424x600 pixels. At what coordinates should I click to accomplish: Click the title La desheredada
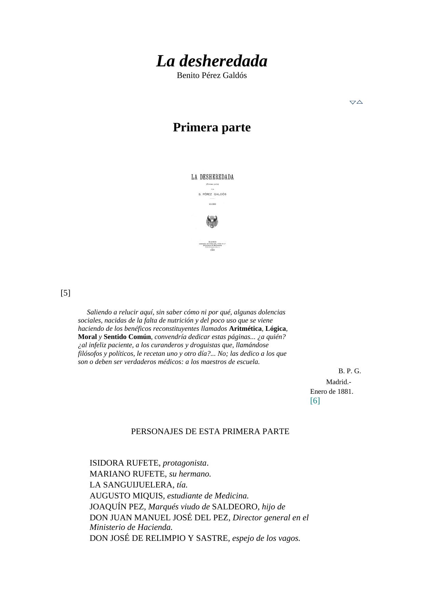tap(211, 62)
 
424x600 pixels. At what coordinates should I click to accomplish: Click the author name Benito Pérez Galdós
tap(211, 76)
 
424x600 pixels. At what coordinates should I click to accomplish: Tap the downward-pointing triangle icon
tap(353, 102)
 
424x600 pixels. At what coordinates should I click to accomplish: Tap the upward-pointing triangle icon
tap(359, 102)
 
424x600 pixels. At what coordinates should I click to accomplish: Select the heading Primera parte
tap(211, 127)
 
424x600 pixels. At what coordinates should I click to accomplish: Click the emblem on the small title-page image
tap(212, 222)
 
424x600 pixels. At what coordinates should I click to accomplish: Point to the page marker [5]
tap(66, 293)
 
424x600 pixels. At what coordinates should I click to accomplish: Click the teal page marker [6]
tap(315, 401)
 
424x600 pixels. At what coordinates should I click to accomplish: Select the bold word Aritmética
tap(245, 329)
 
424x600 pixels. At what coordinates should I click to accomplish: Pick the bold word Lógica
tap(275, 329)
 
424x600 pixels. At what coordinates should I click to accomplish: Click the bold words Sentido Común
tap(127, 337)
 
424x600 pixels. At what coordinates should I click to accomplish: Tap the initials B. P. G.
tap(350, 371)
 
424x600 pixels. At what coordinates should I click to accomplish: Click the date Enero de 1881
tap(331, 392)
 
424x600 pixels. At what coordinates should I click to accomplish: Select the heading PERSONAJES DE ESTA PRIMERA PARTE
tap(210, 432)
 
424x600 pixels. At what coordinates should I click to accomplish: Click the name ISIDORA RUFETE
tap(125, 463)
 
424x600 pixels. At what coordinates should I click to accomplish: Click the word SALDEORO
tap(236, 507)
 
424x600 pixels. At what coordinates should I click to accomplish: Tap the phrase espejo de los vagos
tap(266, 538)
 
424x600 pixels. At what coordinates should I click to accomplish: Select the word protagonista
tap(184, 463)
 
